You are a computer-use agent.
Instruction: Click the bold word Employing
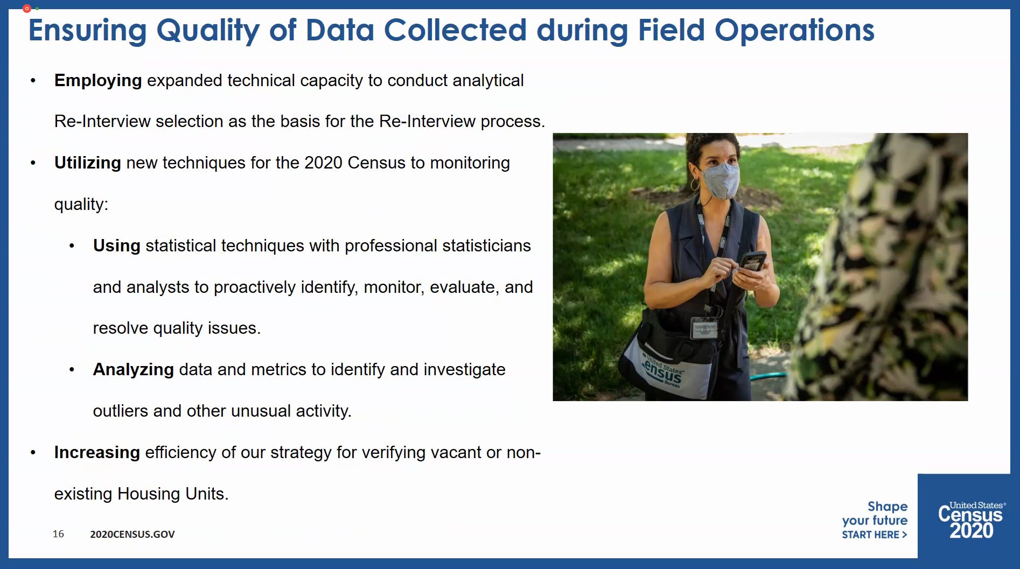[97, 81]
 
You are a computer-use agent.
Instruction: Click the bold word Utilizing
[87, 163]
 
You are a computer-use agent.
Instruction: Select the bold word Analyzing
[133, 369]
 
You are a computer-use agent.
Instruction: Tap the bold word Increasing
[97, 452]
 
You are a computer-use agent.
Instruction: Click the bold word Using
[116, 245]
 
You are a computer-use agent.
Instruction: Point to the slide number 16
[58, 533]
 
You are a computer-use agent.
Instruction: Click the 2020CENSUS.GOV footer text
[132, 534]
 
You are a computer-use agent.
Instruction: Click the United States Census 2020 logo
[971, 519]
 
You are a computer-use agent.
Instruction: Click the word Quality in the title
[207, 30]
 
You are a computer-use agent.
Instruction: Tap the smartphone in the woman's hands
[752, 262]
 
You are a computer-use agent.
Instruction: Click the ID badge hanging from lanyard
[704, 328]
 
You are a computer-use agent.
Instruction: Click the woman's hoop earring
[695, 185]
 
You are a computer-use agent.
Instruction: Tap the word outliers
[120, 411]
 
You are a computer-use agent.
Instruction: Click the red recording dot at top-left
[26, 9]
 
